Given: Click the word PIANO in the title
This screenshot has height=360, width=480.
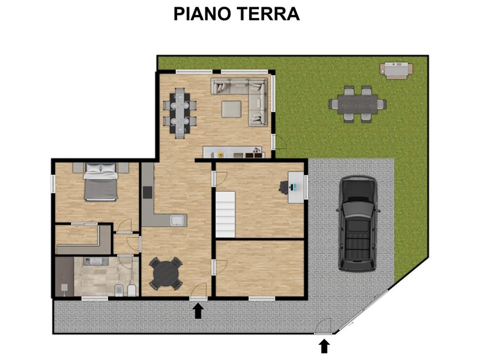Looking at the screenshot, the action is [202, 14].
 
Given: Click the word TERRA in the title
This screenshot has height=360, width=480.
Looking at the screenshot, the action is [268, 14].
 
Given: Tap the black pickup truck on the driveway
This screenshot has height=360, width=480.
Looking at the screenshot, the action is [358, 223].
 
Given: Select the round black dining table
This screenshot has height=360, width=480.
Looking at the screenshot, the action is [166, 274].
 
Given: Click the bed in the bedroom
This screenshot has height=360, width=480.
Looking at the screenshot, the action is [101, 182].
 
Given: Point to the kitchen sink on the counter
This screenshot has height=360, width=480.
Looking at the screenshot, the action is [178, 220].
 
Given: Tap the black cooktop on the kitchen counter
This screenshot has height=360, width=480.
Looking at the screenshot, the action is [148, 192].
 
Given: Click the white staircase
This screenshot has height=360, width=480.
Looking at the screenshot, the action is [226, 214].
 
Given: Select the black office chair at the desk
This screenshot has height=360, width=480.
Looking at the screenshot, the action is [284, 187].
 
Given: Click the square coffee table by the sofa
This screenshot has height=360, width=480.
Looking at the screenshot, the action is [232, 109].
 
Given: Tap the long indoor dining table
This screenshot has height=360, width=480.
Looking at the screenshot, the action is [179, 113].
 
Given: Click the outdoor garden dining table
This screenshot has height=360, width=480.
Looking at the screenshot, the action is [358, 104].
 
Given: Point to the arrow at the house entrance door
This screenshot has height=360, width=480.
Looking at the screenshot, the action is [198, 311].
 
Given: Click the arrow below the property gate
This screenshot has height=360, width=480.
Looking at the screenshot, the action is [325, 347].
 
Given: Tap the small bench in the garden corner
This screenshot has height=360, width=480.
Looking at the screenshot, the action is [397, 70].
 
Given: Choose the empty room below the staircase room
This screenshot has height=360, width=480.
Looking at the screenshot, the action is [260, 268].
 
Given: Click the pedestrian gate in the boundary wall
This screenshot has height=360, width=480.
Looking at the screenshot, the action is [323, 326].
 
